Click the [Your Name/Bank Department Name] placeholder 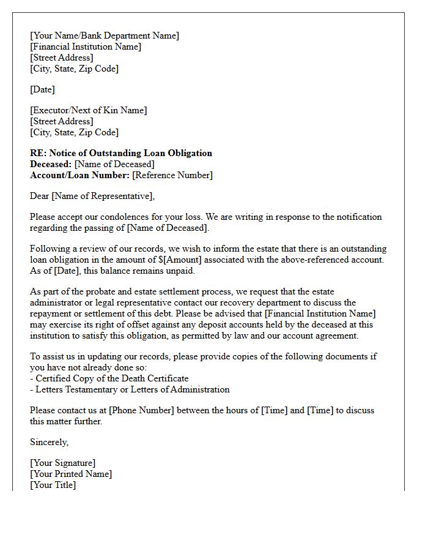[x=105, y=36]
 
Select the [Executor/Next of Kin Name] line [x=89, y=111]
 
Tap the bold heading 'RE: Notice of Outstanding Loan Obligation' [x=121, y=154]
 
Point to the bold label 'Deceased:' [x=51, y=165]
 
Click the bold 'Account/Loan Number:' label [x=79, y=176]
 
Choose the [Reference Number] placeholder [x=172, y=176]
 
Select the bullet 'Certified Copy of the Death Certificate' [x=109, y=379]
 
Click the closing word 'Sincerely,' [x=50, y=443]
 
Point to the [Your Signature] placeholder [x=63, y=463]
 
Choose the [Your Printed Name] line [x=71, y=474]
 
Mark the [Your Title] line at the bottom [x=53, y=485]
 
